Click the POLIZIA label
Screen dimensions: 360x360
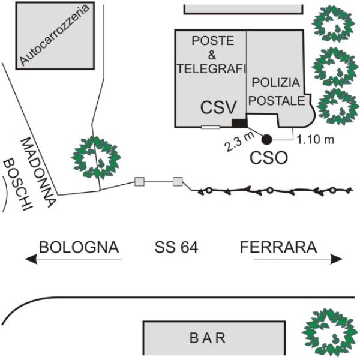275,82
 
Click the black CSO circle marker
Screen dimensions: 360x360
266,139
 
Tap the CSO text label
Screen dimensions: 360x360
269,159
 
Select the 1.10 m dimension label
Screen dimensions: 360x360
315,139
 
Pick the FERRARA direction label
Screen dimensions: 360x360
278,247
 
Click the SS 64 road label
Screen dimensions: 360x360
176,247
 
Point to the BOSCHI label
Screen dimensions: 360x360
17,182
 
